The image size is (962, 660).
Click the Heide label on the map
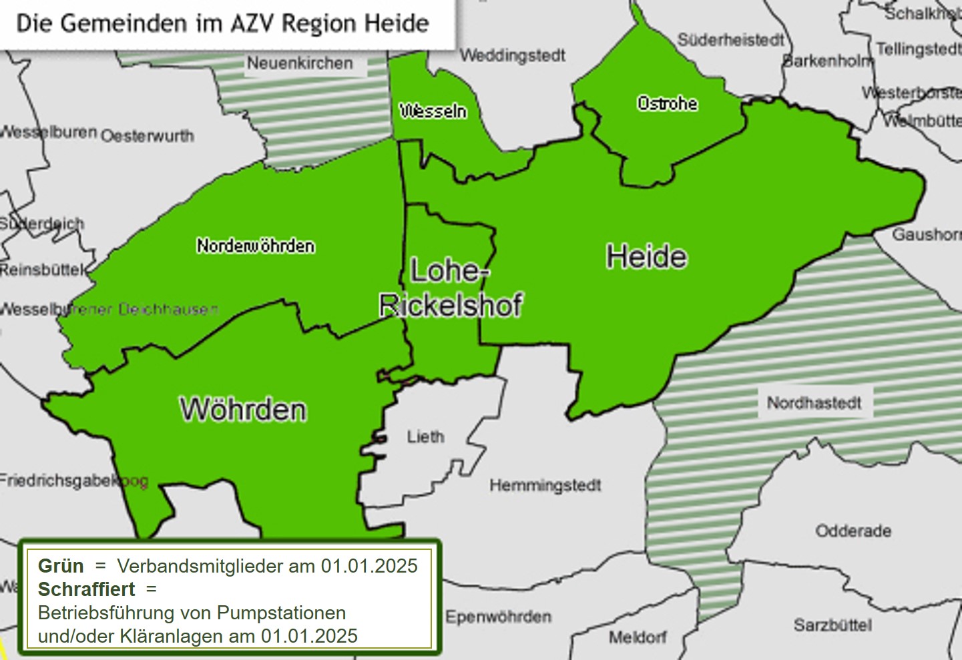[646, 257]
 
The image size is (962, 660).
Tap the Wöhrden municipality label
[243, 409]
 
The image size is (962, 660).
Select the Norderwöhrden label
[256, 246]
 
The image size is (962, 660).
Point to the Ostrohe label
[667, 103]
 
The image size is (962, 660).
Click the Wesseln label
[433, 111]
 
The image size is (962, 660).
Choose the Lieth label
[425, 437]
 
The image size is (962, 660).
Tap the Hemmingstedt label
[545, 485]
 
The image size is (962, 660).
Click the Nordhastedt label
[814, 403]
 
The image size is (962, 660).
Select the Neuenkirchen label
[300, 63]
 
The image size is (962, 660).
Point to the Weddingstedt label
[513, 55]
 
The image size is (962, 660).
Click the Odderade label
[853, 531]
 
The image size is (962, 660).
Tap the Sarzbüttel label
[832, 625]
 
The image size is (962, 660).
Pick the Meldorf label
[637, 637]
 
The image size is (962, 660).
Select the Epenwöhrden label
[498, 617]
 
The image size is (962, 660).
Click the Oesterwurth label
[148, 136]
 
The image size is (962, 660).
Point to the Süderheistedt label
[730, 40]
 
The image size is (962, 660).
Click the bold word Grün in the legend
[61, 566]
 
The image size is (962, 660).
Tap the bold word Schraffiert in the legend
[86, 589]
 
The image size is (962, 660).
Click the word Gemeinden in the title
[124, 23]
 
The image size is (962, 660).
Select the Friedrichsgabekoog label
[73, 480]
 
